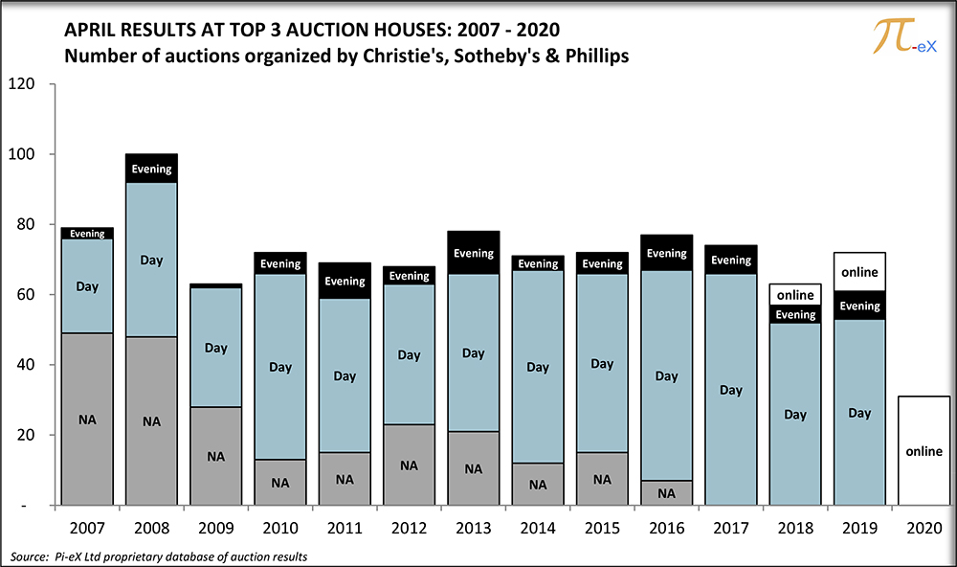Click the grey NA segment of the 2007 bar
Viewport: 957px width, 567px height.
click(87, 419)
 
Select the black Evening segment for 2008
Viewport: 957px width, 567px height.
click(151, 169)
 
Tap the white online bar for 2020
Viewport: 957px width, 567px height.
click(924, 450)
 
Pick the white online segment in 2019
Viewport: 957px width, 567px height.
click(859, 272)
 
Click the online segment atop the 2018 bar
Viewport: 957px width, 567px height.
click(795, 295)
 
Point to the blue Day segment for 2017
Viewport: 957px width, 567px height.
click(731, 390)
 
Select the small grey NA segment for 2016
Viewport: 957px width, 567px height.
click(666, 492)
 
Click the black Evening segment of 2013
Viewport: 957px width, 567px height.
click(474, 253)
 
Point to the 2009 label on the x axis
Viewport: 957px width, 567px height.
click(215, 529)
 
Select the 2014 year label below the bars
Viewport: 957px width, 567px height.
click(538, 529)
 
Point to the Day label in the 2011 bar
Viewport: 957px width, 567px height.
click(345, 376)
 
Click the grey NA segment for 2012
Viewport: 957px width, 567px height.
click(409, 465)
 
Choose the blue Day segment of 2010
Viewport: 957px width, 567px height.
click(280, 367)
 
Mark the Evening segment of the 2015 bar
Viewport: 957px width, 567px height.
click(602, 263)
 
